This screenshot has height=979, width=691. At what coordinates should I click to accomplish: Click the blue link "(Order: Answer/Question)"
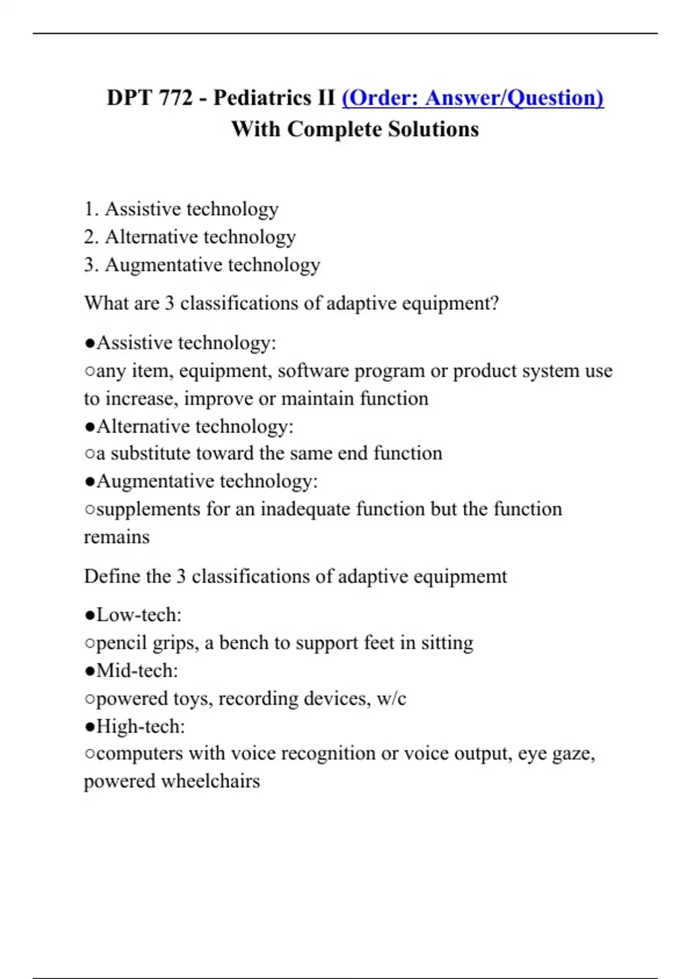tap(472, 98)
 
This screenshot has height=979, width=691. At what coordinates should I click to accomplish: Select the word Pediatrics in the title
tap(262, 98)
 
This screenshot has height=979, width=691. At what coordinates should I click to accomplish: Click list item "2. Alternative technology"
tap(189, 237)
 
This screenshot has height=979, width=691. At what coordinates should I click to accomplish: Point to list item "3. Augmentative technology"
tap(202, 265)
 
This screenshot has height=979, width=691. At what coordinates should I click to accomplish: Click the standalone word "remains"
tap(116, 537)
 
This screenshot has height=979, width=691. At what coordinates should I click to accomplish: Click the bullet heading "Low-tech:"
tap(138, 615)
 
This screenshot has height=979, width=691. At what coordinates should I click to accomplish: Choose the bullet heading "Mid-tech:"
tap(137, 671)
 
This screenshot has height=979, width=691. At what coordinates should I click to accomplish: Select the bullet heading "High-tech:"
tap(140, 727)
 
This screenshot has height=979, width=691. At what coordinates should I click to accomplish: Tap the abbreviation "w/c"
tap(391, 699)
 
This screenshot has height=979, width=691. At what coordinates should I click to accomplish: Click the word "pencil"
tap(122, 643)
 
